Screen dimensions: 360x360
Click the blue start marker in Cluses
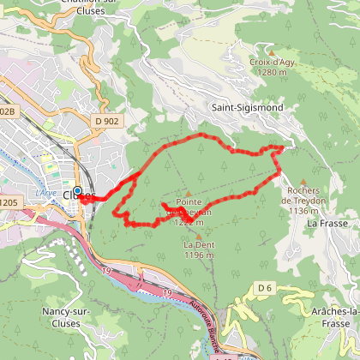[x=77, y=191]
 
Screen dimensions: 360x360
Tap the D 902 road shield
[x=107, y=121]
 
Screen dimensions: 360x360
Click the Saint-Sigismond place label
[x=246, y=108]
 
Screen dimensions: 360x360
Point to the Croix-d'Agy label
[x=271, y=63]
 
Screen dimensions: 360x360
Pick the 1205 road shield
[x=9, y=202]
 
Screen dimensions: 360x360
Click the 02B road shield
[x=8, y=111]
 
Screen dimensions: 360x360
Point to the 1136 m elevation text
[x=303, y=211]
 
